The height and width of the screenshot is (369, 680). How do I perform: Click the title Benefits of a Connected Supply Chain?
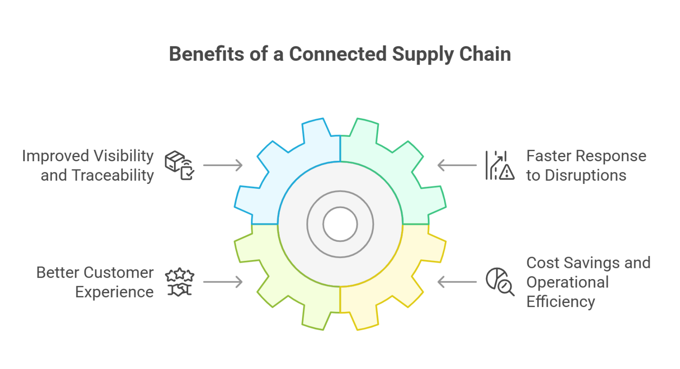tap(340, 57)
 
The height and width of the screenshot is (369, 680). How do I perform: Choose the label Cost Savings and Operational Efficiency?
tap(587, 284)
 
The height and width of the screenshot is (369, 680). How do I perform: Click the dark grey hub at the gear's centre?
tap(340, 224)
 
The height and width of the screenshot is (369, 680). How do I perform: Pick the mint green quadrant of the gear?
tap(390, 173)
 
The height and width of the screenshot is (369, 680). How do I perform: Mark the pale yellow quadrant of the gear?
tap(390, 275)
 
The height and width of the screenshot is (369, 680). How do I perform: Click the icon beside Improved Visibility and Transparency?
tap(178, 166)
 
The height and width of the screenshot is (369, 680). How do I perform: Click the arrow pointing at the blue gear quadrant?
tap(221, 167)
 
